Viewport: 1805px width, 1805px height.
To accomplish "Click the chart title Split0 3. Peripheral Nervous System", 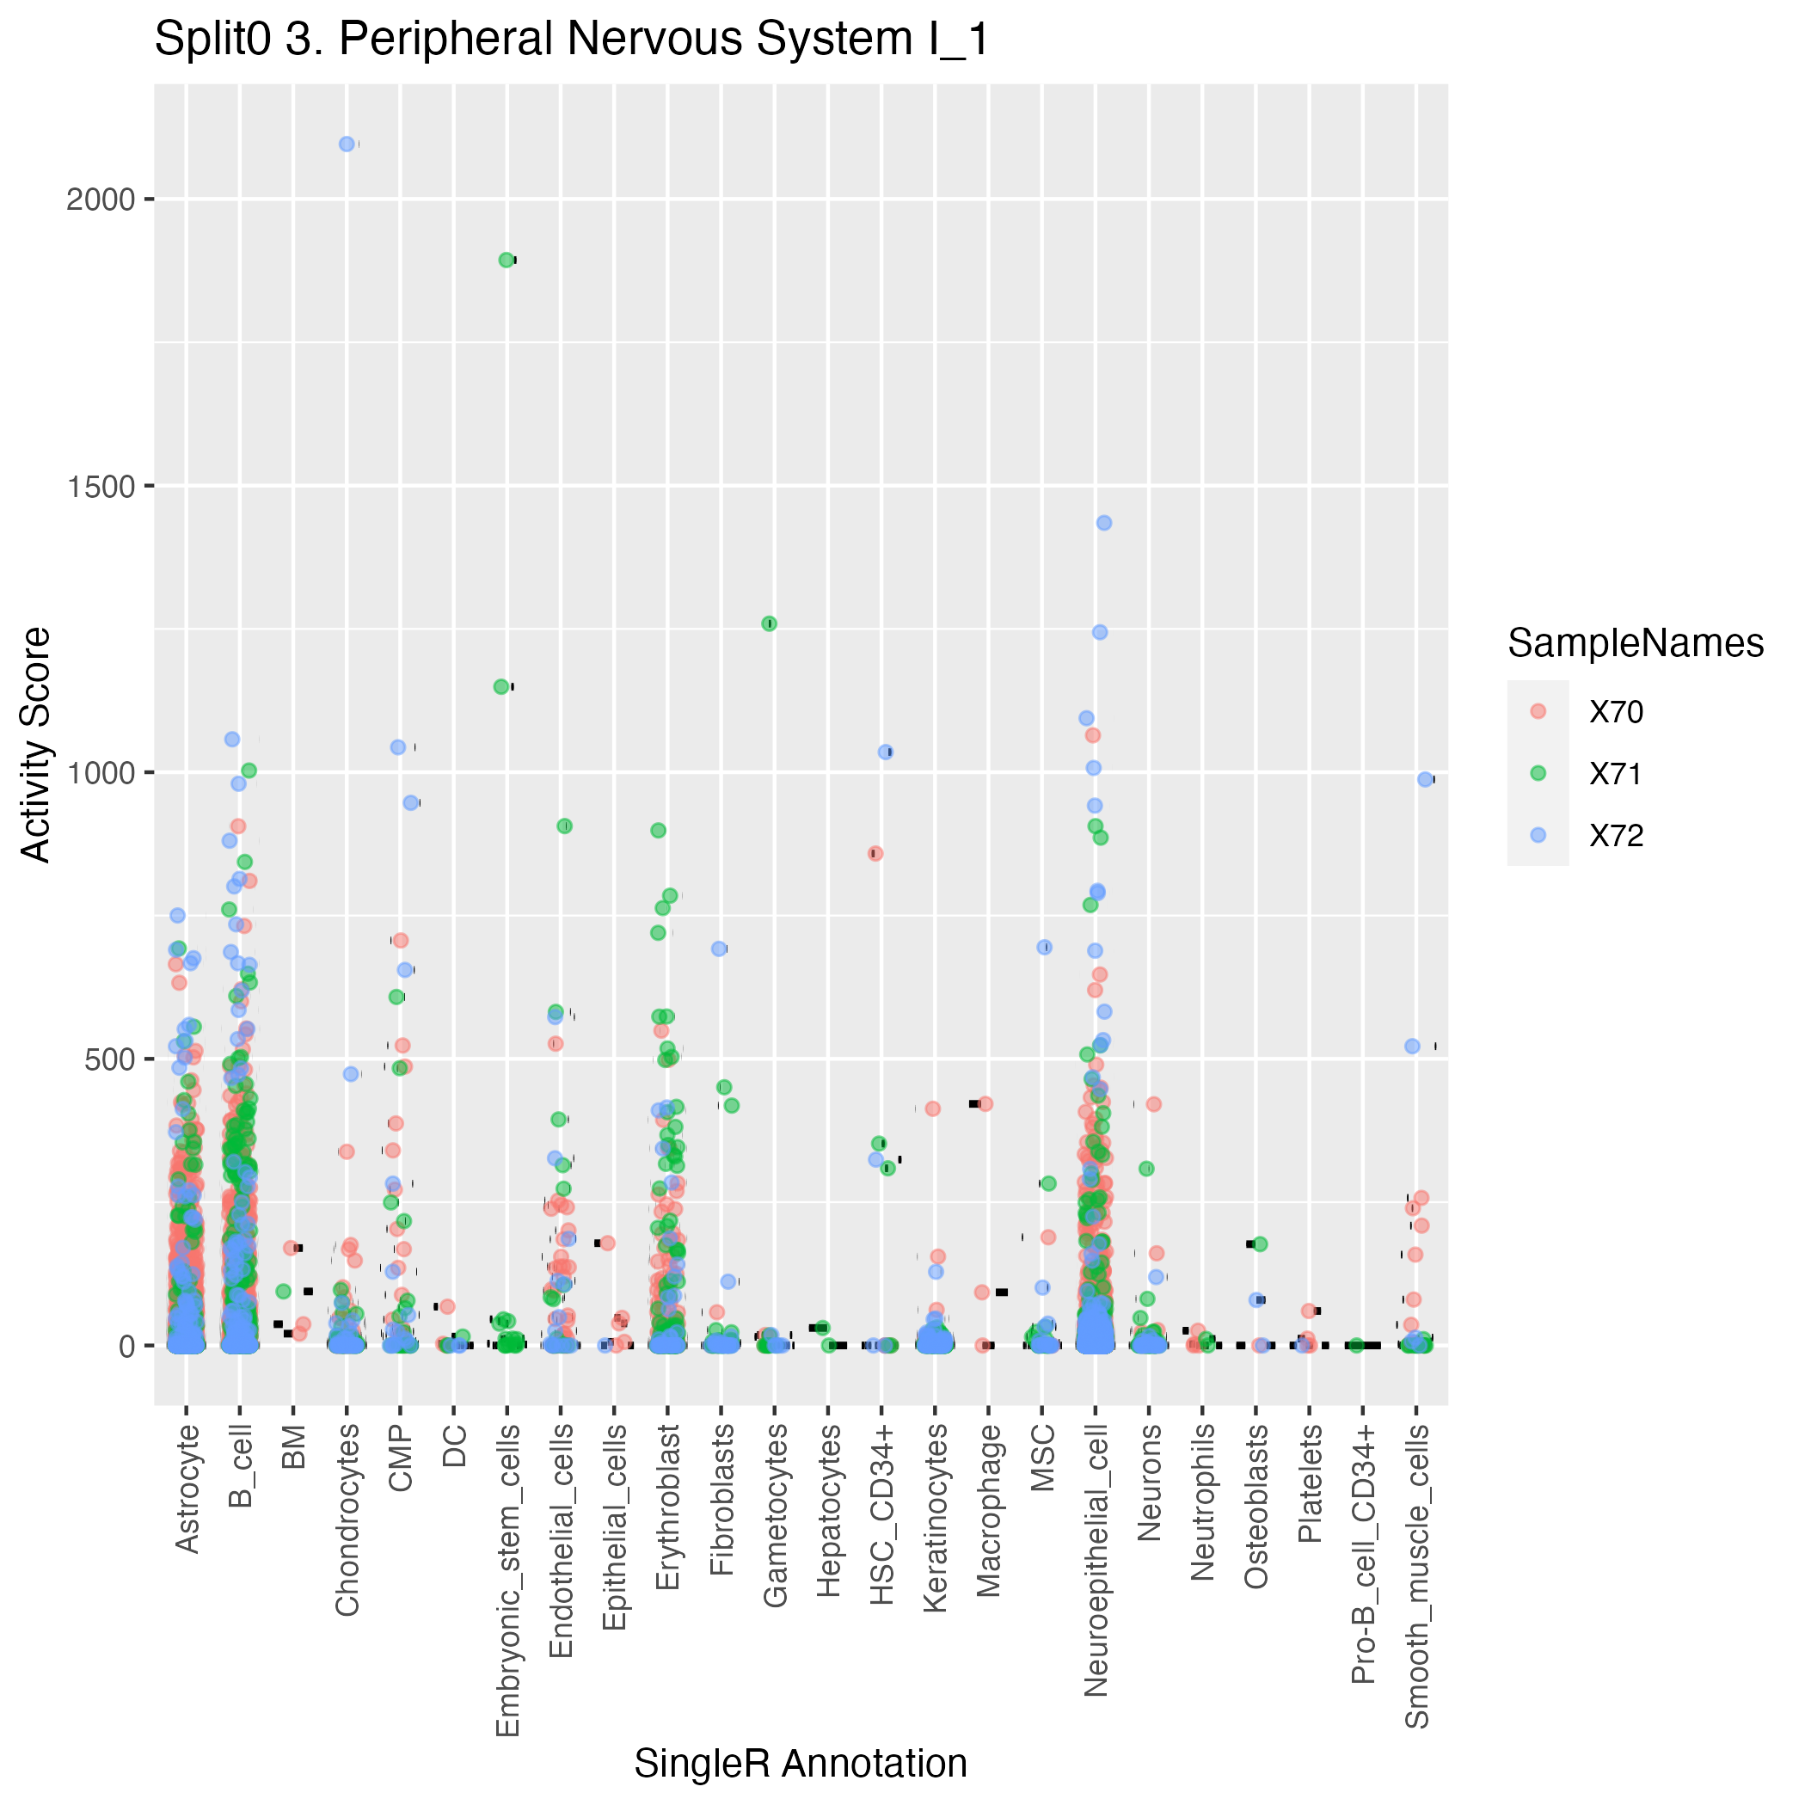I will tap(571, 40).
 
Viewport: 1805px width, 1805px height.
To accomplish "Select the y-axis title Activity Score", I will tap(36, 745).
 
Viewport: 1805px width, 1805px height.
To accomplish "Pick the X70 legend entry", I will tap(1617, 712).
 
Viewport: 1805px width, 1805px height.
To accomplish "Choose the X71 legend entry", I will tap(1617, 774).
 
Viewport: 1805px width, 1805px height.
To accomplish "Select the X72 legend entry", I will tap(1617, 835).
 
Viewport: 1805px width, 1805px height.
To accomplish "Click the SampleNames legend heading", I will tap(1635, 644).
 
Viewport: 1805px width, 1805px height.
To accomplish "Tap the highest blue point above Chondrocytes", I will tap(347, 144).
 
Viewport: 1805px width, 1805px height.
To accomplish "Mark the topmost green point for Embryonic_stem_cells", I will tap(507, 260).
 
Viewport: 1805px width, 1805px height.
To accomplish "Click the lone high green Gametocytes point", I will tap(769, 623).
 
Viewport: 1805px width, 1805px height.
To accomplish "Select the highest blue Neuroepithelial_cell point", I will tap(1103, 523).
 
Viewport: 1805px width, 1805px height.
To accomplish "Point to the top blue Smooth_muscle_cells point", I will tap(1425, 779).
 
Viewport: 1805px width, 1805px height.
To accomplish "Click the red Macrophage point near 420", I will tap(985, 1103).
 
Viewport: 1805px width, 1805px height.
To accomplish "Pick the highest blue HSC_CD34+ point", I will tap(886, 752).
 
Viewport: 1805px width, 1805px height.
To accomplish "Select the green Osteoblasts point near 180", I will tap(1260, 1243).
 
